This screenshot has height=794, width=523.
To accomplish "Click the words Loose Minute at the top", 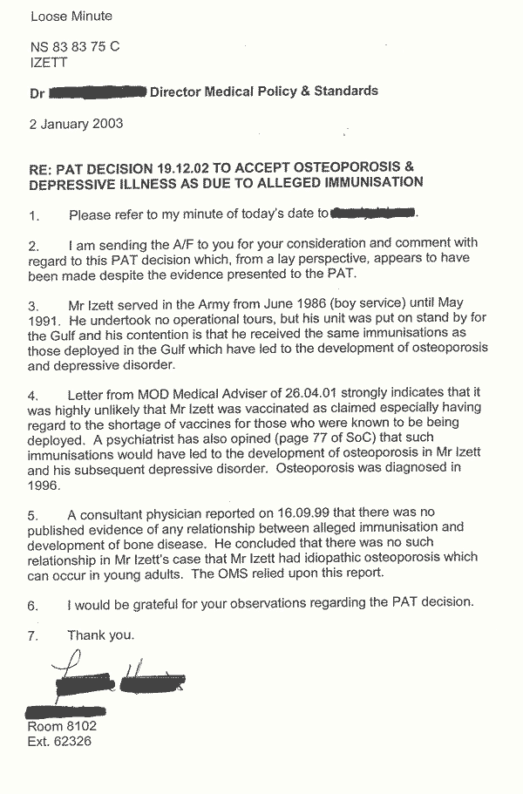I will click(71, 16).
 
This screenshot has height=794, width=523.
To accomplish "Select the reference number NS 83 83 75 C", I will click(75, 48).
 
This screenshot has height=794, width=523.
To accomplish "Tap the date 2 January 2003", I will click(76, 123).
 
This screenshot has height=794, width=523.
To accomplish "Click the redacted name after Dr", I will click(98, 91).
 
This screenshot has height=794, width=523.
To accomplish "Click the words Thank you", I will click(101, 635).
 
